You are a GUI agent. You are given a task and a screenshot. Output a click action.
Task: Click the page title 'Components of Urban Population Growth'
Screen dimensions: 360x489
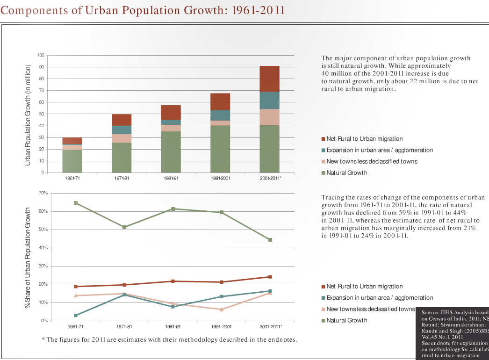(143, 10)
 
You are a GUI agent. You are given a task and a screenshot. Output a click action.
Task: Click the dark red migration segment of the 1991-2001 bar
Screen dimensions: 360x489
(220, 101)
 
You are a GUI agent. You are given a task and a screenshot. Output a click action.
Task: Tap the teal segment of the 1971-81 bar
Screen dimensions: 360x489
(122, 130)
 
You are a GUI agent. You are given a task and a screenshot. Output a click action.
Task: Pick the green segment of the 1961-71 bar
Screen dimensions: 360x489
(72, 161)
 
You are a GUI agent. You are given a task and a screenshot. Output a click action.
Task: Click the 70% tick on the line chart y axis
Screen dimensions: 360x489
(43, 193)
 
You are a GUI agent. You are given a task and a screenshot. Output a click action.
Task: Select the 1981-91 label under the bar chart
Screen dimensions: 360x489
(171, 178)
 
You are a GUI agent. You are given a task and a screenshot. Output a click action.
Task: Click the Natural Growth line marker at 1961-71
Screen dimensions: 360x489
(76, 203)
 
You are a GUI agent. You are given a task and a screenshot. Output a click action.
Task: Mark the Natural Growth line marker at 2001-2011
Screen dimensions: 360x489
(270, 240)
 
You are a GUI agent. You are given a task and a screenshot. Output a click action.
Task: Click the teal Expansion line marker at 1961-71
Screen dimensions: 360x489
(76, 316)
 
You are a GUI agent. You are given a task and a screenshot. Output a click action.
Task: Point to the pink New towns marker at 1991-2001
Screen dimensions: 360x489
(222, 310)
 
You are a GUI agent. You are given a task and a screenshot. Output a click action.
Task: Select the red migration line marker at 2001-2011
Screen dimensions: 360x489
(270, 277)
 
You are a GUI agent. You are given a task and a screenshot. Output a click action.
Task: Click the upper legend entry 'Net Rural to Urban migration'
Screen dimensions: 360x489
(364, 139)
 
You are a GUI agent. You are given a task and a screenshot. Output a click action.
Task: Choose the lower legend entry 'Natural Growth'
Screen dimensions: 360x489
(346, 321)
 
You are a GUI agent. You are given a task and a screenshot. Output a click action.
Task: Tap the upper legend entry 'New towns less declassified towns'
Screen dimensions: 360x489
(372, 161)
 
